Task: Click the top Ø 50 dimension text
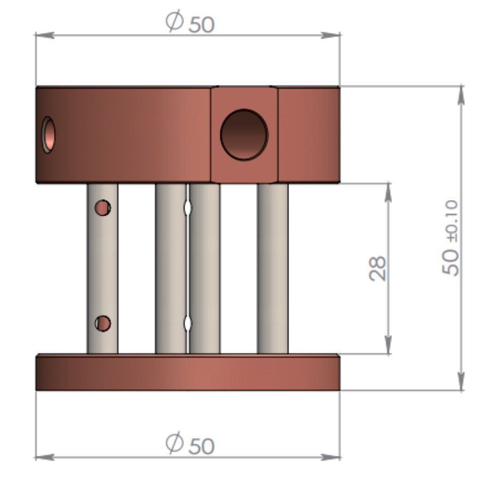tap(190, 21)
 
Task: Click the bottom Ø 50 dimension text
tap(190, 443)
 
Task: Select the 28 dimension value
tap(377, 269)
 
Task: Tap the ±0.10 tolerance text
tap(452, 221)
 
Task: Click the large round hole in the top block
tap(244, 135)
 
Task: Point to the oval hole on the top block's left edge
tap(49, 135)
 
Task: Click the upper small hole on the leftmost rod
tap(103, 208)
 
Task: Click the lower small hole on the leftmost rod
tap(103, 324)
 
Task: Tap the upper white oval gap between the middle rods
tap(188, 208)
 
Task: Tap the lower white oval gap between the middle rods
tap(188, 324)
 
